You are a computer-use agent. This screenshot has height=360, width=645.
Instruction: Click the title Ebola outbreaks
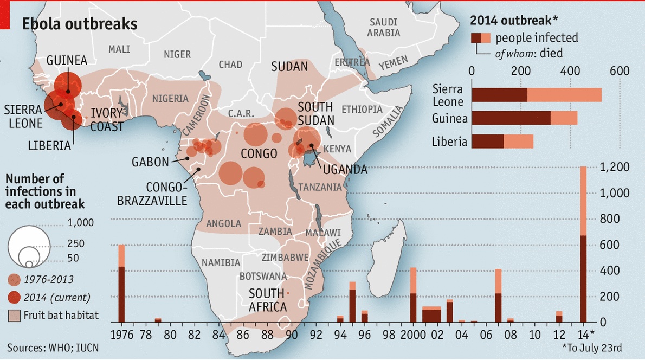point(79,24)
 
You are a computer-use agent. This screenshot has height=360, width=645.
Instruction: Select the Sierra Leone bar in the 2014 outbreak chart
point(537,94)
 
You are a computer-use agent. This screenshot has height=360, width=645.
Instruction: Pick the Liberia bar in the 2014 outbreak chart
point(502,141)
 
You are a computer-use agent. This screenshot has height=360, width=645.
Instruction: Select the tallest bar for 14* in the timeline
point(583,245)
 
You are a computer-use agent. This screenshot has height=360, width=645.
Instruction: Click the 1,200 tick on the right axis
point(616,168)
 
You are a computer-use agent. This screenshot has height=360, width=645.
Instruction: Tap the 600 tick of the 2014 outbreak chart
point(619,71)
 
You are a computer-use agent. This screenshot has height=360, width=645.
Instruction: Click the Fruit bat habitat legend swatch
point(14,315)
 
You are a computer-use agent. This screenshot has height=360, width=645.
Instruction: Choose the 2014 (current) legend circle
point(15,297)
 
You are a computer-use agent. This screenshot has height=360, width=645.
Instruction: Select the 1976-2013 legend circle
point(15,280)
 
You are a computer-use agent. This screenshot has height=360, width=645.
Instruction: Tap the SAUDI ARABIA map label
point(383,27)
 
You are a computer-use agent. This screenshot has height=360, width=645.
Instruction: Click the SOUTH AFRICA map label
point(267,300)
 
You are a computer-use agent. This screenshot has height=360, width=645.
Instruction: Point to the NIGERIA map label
point(170,99)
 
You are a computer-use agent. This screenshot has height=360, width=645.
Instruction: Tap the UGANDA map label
point(345,170)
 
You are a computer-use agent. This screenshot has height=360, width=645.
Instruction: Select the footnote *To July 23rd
point(591,347)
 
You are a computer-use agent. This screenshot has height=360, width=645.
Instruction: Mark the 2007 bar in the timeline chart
point(498,295)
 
